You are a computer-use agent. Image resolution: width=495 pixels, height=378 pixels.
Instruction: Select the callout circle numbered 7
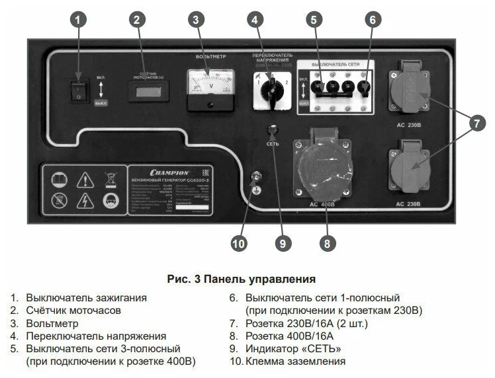pos(475,122)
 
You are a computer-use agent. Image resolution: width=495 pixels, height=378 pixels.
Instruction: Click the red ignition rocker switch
pos(79,91)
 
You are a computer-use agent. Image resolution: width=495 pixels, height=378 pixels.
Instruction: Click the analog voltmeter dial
pos(210,85)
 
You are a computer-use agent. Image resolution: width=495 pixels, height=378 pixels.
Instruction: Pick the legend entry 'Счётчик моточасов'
pos(73,311)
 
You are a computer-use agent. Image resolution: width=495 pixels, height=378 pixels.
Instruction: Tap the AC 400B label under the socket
pos(324,204)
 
